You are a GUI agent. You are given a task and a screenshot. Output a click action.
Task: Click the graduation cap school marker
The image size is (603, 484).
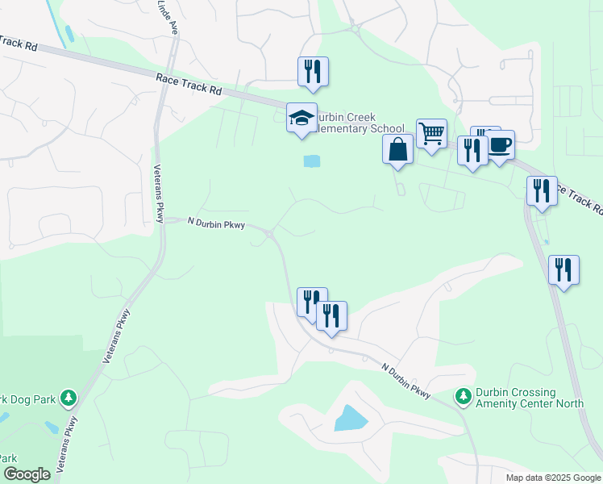[301, 118]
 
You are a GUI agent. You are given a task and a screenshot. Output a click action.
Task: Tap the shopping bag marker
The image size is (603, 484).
[398, 149]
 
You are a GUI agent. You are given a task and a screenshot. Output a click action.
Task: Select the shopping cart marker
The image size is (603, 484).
[432, 132]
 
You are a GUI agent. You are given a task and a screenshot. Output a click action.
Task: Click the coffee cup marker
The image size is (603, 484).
[500, 145]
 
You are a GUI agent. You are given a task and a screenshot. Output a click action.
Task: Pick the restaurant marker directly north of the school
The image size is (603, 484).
[313, 71]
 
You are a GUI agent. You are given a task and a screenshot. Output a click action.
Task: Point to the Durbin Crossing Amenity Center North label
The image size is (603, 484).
[527, 398]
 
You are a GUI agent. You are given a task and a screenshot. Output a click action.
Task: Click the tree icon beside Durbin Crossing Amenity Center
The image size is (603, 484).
[463, 396]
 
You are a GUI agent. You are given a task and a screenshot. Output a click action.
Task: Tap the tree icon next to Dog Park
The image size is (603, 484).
[69, 397]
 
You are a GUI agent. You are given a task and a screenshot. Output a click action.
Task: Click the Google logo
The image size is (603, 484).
[27, 474]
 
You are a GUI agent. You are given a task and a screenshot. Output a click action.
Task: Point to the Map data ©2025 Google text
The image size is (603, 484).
[552, 478]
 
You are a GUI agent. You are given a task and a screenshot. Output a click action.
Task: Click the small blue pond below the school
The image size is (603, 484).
[311, 161]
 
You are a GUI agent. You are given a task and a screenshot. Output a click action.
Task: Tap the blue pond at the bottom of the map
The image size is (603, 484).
[350, 418]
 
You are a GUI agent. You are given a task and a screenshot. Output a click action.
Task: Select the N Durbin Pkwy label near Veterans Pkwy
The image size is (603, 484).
[216, 222]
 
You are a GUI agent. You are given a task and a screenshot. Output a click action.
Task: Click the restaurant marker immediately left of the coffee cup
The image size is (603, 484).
[471, 150]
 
